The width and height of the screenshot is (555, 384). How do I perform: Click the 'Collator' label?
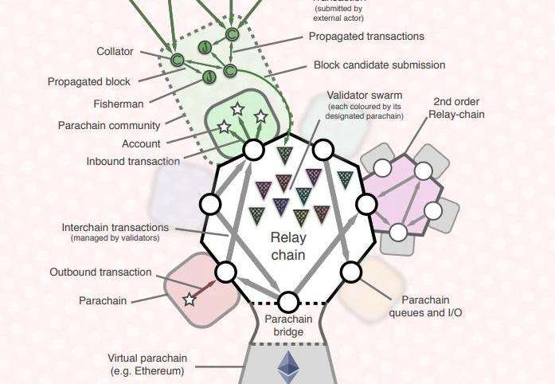pos(115,52)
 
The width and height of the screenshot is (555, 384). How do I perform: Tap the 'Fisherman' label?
pos(118,104)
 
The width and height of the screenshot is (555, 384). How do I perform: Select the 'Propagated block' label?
pos(88,81)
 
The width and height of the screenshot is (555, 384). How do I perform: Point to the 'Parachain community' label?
pos(109,125)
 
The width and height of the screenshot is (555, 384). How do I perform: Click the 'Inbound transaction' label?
pos(134,162)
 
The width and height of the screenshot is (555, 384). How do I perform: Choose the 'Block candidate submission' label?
pos(379,65)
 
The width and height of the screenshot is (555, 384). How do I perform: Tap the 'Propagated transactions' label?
pos(366,37)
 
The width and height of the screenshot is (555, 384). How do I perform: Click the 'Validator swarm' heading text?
pos(365,96)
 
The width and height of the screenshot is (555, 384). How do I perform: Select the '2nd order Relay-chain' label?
pos(456,108)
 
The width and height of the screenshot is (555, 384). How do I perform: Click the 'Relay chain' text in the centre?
pos(288,246)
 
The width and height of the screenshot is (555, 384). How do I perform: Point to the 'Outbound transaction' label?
pos(100,272)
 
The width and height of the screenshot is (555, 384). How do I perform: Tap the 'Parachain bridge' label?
pos(288,326)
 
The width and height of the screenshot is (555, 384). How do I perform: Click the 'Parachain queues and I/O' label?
pos(425,307)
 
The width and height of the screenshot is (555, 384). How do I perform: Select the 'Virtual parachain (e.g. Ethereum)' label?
pos(147,364)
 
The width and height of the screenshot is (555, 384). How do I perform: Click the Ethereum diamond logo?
pos(287,368)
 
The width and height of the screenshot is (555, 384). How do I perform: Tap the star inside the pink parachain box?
pos(189,300)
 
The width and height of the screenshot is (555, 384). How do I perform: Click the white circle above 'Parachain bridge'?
pos(288,302)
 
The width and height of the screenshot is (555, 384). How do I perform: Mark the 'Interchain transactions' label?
pos(115,228)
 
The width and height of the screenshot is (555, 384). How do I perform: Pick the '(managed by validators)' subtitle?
pos(115,238)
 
